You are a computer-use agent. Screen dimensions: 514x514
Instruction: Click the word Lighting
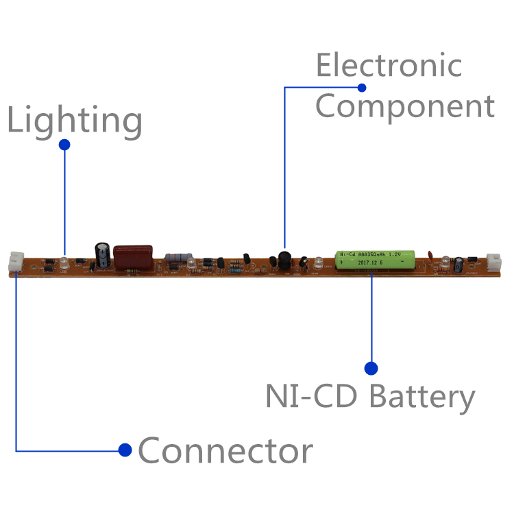(x=75, y=121)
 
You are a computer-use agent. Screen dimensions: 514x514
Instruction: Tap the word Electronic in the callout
(x=388, y=66)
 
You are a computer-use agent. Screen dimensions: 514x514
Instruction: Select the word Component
(x=404, y=106)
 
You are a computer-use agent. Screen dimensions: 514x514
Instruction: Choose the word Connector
(x=225, y=451)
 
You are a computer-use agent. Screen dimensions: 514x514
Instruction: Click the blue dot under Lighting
(x=64, y=145)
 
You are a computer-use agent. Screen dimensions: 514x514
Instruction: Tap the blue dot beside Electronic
(x=362, y=87)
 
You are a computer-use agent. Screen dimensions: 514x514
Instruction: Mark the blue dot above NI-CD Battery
(x=371, y=368)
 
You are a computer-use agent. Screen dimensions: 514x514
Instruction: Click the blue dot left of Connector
(x=125, y=450)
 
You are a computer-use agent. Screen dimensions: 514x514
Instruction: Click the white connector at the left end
(x=16, y=262)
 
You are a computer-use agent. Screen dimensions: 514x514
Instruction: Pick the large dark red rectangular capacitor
(x=134, y=257)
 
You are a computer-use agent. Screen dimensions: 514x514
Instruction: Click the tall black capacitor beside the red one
(x=103, y=254)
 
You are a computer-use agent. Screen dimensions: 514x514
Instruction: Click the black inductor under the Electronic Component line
(x=284, y=260)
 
